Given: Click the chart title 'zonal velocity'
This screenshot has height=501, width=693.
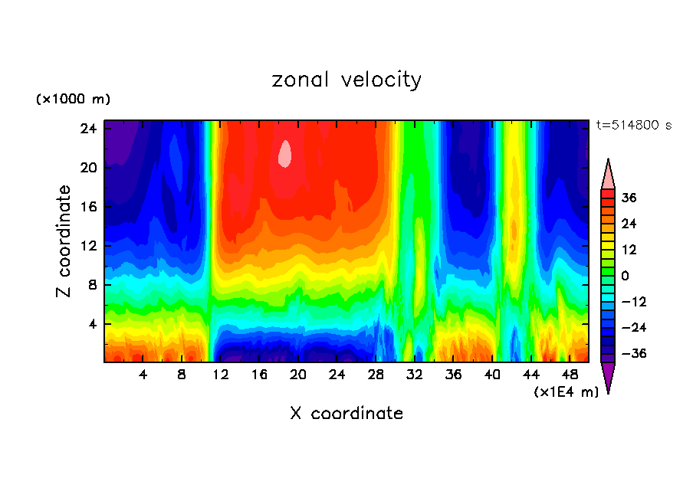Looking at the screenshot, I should tap(346, 80).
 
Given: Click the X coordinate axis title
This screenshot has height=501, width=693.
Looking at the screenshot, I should tap(346, 414).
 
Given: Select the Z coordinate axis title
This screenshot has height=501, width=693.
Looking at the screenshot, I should tap(64, 241).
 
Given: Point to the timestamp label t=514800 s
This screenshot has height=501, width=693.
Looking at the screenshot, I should tap(633, 126).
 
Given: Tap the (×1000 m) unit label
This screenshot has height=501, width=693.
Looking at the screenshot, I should tap(73, 100).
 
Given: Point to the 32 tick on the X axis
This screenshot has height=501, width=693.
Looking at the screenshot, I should tap(415, 375).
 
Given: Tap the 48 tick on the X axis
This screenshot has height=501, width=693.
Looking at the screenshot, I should tap(570, 375).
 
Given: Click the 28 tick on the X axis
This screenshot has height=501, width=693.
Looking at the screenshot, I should tap(376, 375).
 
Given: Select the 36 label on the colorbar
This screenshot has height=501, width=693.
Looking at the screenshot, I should tap(629, 198).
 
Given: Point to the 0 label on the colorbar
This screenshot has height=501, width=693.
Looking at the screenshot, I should tap(625, 276).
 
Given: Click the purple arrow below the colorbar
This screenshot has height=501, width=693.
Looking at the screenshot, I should tap(608, 376).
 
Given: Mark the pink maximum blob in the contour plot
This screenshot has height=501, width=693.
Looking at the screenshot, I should tap(285, 154).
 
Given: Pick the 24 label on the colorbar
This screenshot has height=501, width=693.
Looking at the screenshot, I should tap(629, 224).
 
